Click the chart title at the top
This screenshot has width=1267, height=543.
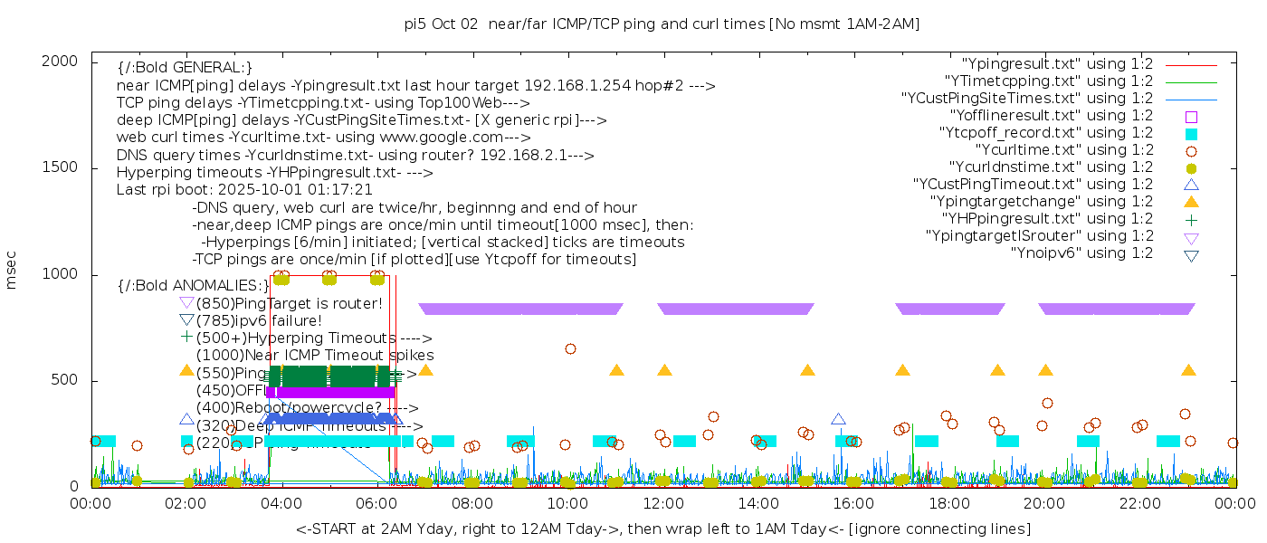662,24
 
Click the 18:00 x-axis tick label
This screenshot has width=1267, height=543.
948,504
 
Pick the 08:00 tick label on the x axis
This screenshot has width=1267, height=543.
472,504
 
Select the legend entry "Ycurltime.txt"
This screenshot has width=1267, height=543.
1063,150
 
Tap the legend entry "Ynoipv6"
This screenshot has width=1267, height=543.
1081,253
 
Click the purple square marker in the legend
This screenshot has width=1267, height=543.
1191,117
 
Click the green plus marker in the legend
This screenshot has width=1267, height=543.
1191,219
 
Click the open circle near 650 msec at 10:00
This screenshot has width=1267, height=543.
570,348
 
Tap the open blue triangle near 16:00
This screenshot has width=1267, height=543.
838,419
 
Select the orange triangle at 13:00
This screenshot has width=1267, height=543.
807,370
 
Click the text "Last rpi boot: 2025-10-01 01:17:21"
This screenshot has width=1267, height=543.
244,190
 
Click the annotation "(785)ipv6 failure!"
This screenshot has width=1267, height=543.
259,320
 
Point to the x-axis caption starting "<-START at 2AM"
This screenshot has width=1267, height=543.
662,529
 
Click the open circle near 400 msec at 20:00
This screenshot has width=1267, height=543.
1047,403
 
